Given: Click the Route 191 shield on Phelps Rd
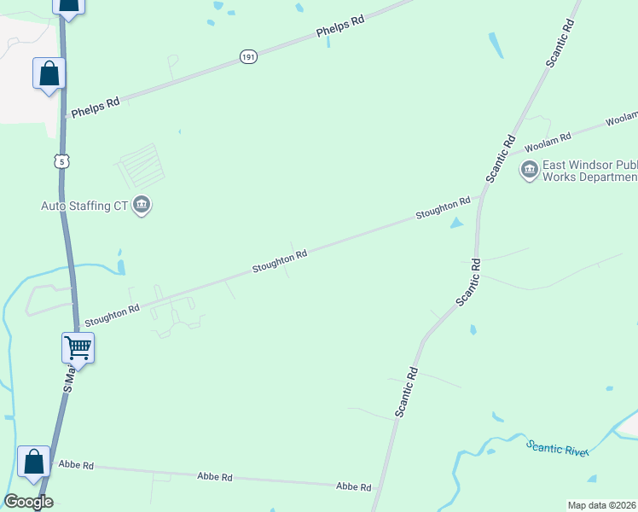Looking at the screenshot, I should [x=248, y=57].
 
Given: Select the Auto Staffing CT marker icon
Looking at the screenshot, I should [x=142, y=206].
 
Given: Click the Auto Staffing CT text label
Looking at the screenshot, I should [x=84, y=206].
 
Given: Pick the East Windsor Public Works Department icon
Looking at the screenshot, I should [x=529, y=171].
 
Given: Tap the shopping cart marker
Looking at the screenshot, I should [x=78, y=347].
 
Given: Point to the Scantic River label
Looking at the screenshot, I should [x=557, y=447].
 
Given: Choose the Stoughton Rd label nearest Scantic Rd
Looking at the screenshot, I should [x=443, y=207].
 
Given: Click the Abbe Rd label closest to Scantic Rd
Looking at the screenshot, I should [x=353, y=486].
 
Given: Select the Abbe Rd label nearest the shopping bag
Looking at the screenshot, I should [x=75, y=466].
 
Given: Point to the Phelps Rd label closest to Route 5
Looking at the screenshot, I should [x=96, y=108].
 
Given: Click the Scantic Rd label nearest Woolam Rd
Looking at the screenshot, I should [x=501, y=158].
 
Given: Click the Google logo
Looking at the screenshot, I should [x=28, y=502].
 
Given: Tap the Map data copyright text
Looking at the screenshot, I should [x=602, y=505].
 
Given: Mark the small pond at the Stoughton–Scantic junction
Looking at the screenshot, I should [x=456, y=224].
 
